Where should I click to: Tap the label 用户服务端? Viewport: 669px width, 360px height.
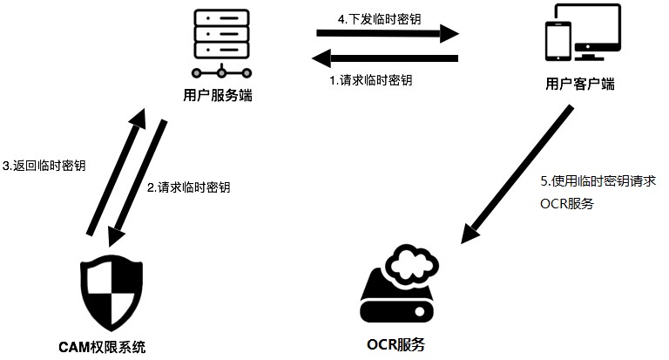(x=219, y=95)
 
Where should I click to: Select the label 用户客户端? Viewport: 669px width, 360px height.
(x=579, y=85)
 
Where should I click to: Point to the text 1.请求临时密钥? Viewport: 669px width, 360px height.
(x=370, y=80)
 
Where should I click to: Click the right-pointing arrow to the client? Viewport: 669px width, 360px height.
(x=387, y=35)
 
